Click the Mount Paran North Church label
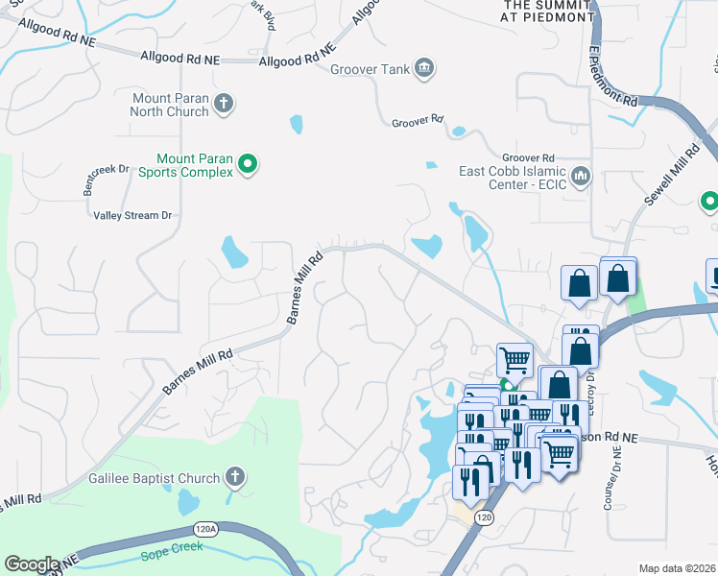click(170, 105)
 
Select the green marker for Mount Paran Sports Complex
click(248, 165)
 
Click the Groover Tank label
click(370, 69)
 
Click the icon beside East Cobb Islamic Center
click(581, 177)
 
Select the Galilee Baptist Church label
click(154, 477)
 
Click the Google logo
click(32, 564)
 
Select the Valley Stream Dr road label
click(132, 215)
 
